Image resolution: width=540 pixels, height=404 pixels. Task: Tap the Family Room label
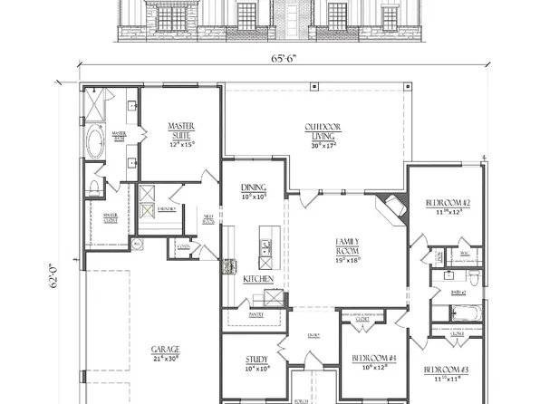348,245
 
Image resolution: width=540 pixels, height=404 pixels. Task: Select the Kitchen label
253,280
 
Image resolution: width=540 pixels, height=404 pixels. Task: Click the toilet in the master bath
95,188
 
